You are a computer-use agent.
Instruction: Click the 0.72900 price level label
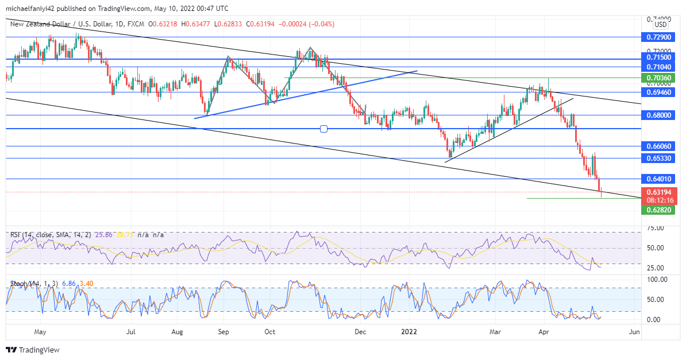[658, 37]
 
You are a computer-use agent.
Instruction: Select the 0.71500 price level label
[658, 57]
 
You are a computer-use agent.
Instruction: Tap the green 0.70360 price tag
[658, 78]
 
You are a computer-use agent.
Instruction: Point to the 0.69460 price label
[658, 92]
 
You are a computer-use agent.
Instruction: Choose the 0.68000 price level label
[658, 115]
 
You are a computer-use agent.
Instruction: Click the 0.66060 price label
[658, 146]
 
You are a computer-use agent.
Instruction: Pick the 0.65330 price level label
[658, 158]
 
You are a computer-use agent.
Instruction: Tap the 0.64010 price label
[658, 179]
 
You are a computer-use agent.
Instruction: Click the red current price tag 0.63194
[658, 192]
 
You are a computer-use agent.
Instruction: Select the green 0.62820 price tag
[658, 210]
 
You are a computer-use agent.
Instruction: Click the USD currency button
[661, 25]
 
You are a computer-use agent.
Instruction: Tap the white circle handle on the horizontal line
[323, 129]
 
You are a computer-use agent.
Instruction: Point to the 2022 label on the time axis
[408, 332]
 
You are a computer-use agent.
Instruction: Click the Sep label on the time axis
[223, 332]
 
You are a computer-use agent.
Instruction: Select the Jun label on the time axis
[634, 332]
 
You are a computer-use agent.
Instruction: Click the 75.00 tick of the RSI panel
[656, 228]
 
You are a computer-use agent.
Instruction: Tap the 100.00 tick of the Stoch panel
[657, 280]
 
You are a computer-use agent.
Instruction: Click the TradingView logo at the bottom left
[33, 350]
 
